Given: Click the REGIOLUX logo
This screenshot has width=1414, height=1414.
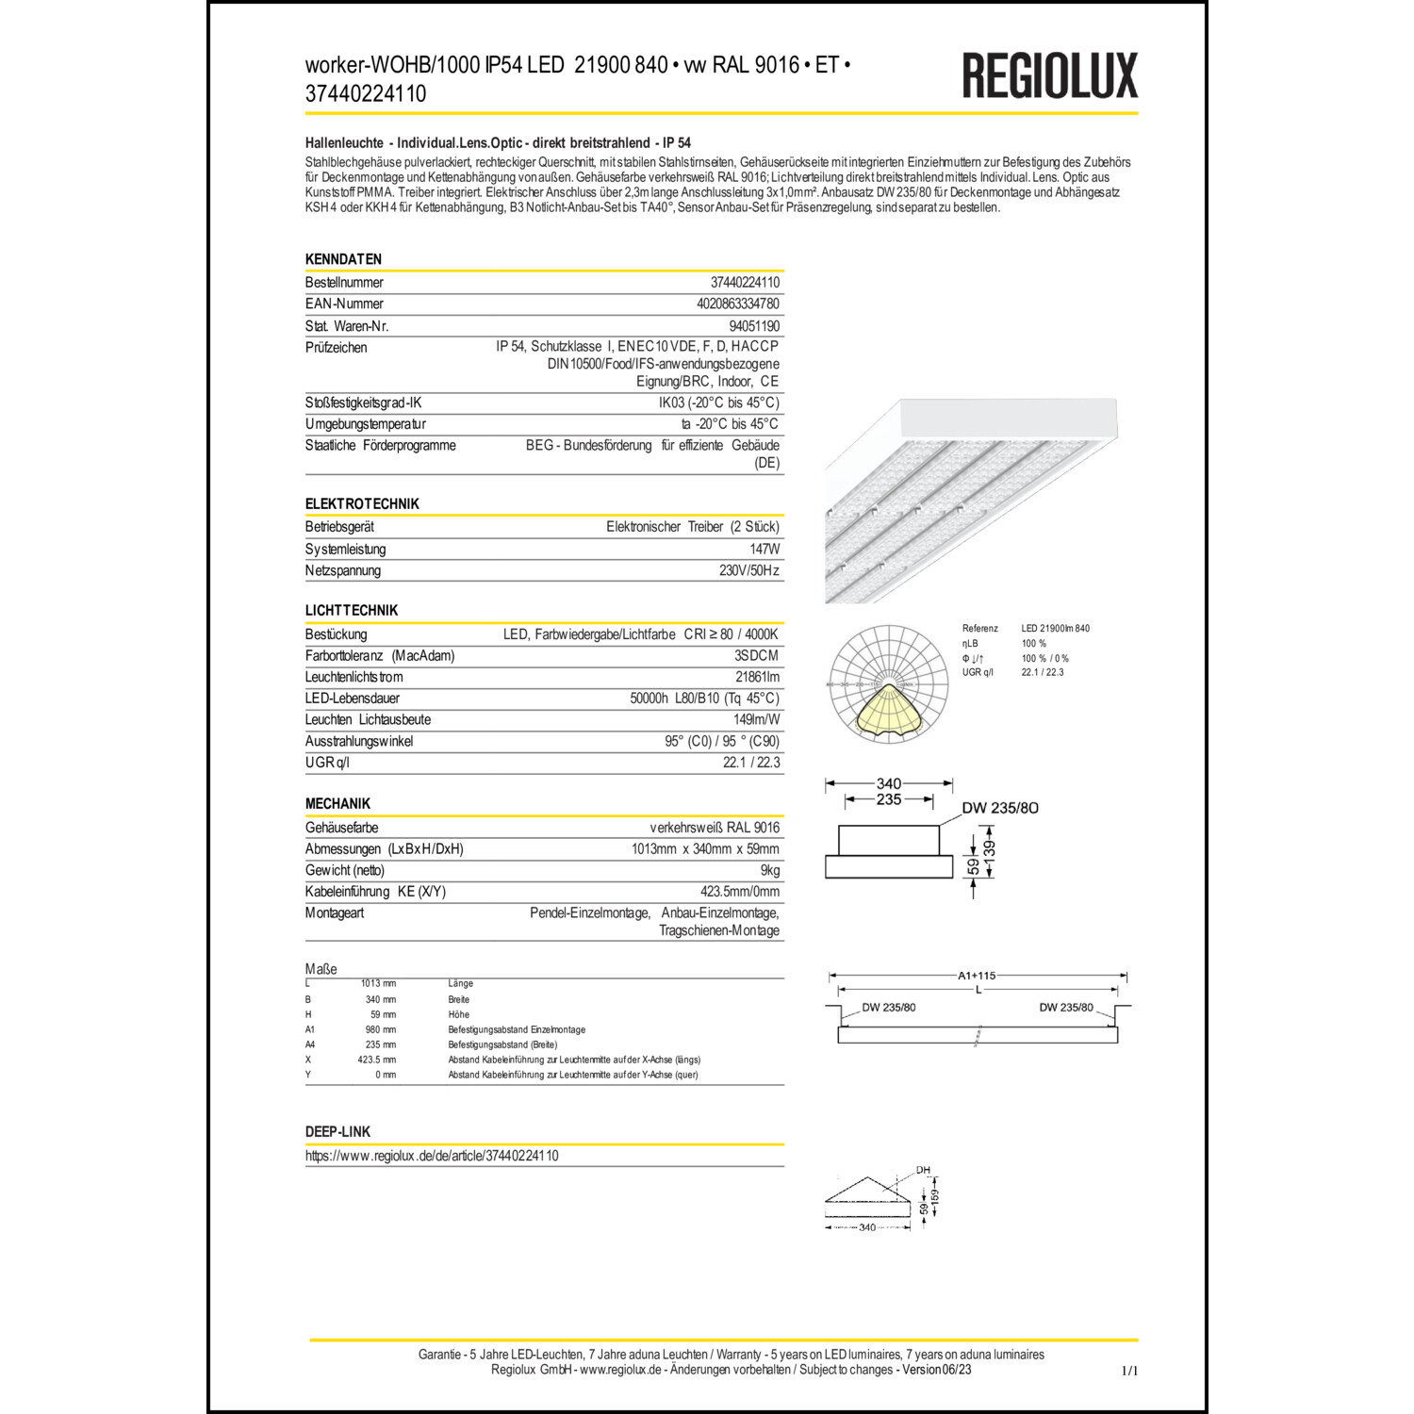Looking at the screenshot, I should click(x=1049, y=75).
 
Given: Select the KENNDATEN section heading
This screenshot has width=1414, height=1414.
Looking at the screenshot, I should click(x=343, y=259).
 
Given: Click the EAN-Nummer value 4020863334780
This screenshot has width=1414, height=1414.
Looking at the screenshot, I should click(x=737, y=304).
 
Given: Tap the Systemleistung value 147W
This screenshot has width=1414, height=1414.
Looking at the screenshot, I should click(x=765, y=549).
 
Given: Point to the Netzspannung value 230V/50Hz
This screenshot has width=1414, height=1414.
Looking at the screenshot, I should click(x=748, y=570).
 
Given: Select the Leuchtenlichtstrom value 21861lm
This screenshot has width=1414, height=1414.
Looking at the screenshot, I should click(x=757, y=677).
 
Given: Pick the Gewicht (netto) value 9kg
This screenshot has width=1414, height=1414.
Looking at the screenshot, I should click(x=769, y=870).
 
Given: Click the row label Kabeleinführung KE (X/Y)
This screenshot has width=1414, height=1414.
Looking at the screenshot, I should click(x=375, y=892).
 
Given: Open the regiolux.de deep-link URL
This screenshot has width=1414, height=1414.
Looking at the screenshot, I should click(x=432, y=1156).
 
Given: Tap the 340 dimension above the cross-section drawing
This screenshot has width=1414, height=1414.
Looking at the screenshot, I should click(x=888, y=783).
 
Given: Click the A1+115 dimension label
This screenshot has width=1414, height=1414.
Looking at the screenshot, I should click(x=977, y=976).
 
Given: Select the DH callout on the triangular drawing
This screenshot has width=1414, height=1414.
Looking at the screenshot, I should click(x=923, y=1171).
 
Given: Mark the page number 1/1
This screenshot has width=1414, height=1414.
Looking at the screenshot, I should click(x=1129, y=1371).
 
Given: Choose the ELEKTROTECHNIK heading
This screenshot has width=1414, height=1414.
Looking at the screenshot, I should click(x=362, y=504).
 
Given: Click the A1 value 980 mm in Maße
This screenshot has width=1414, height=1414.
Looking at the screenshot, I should click(x=380, y=1029).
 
